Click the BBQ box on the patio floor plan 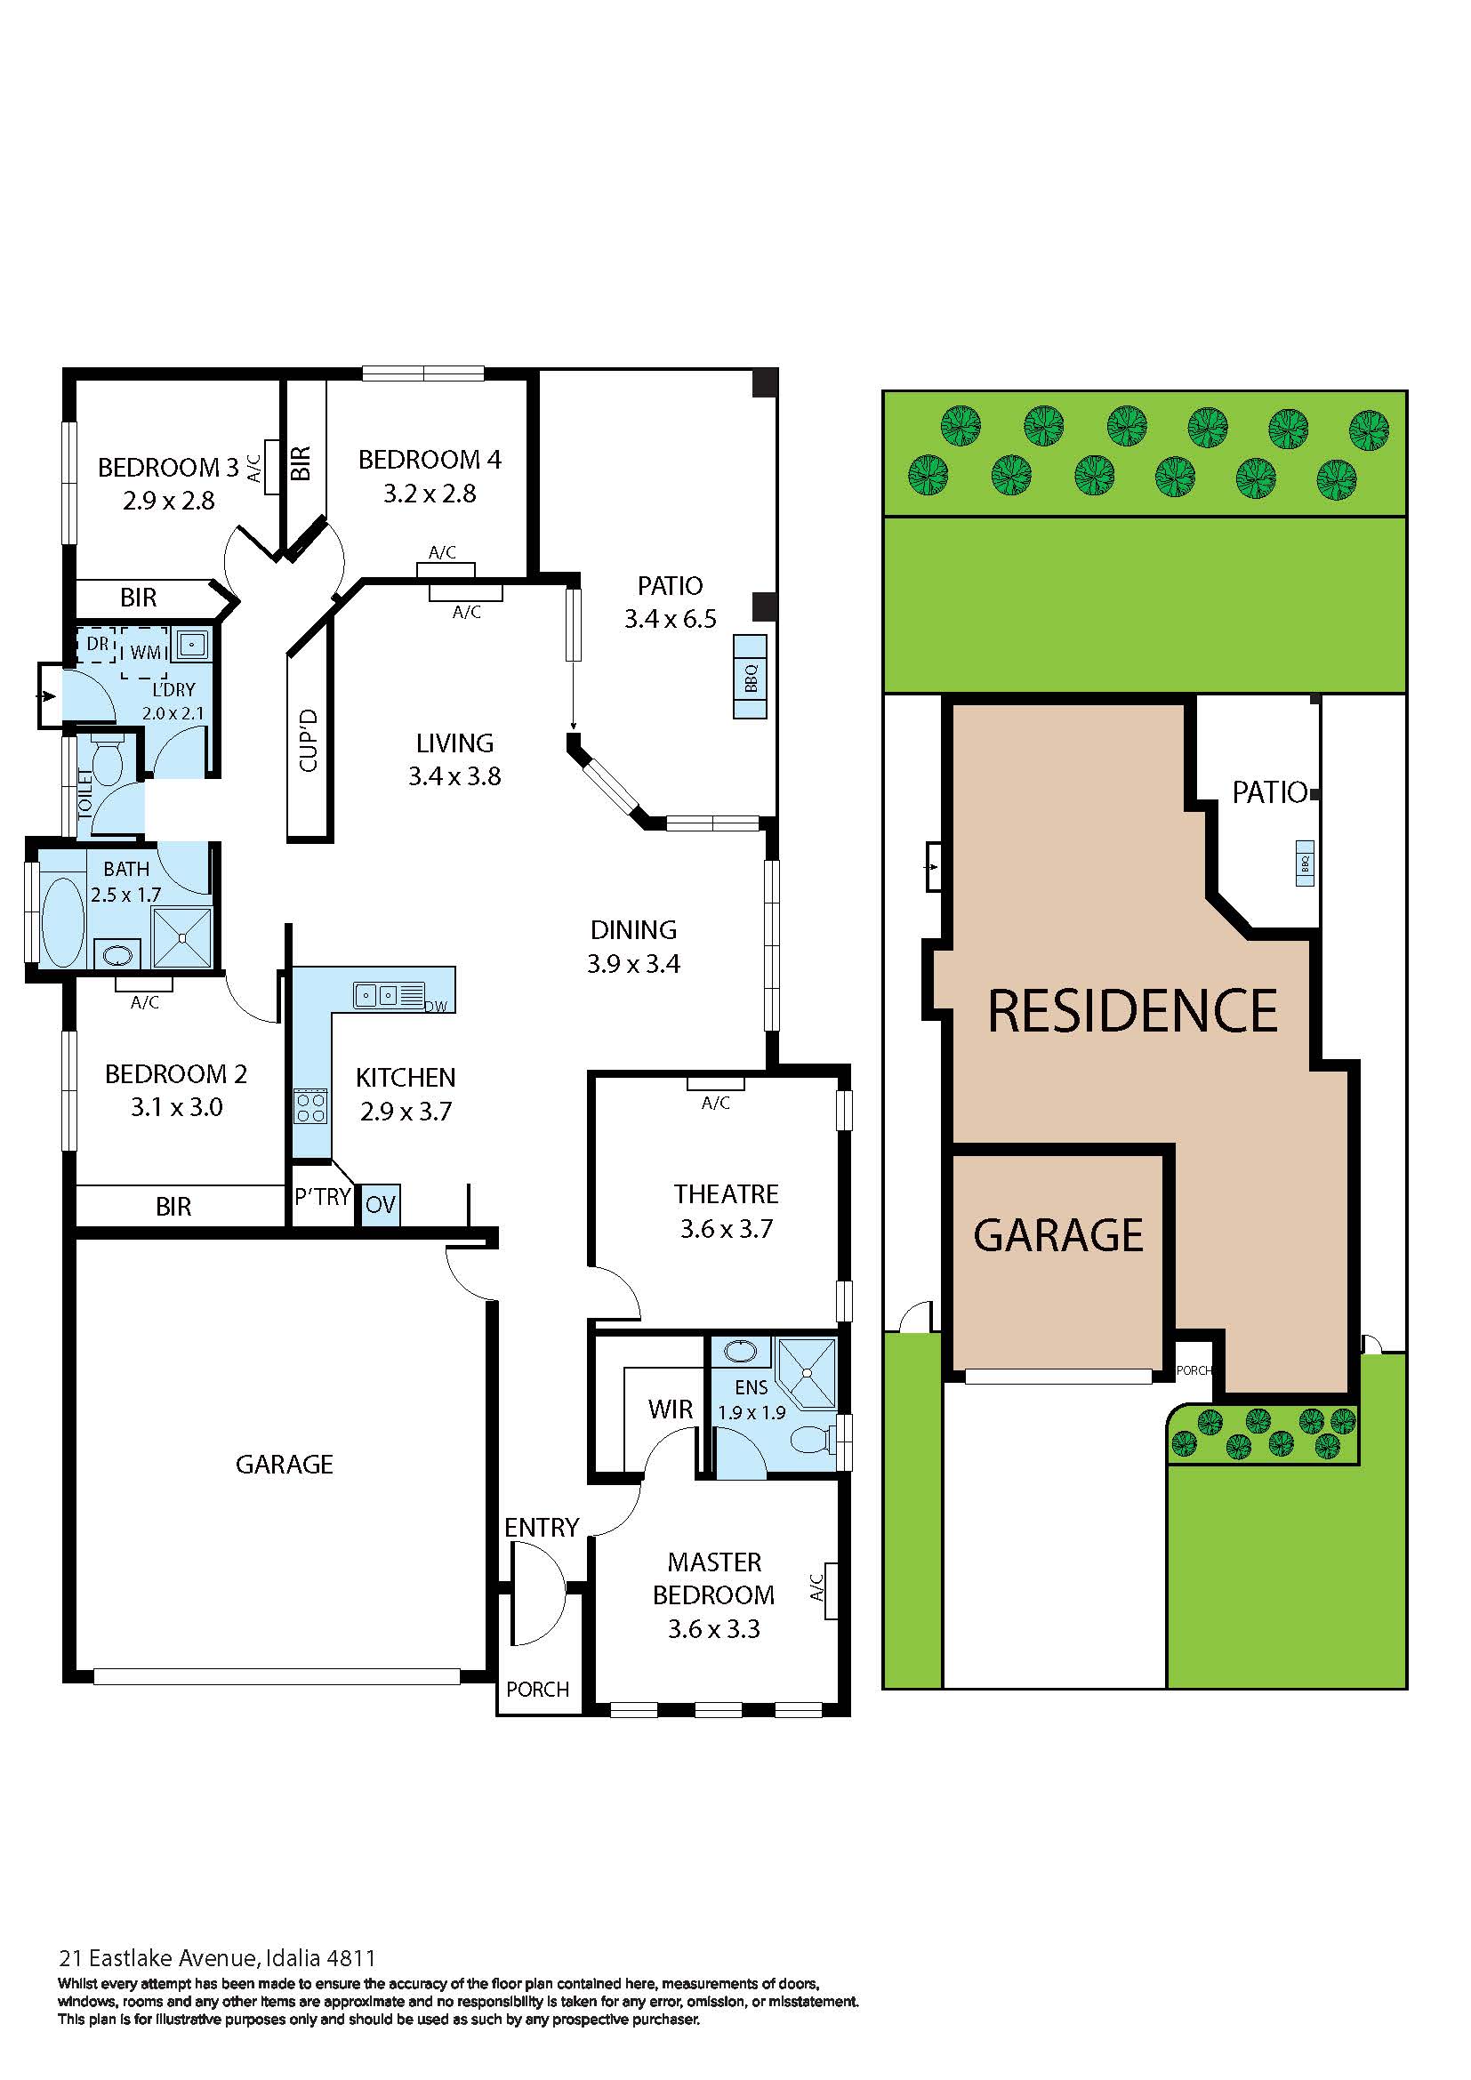click(750, 677)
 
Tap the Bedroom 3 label click(168, 468)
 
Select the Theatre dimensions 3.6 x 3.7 click(727, 1228)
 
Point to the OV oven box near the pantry click(381, 1205)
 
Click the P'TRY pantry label click(323, 1197)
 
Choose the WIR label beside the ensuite click(671, 1409)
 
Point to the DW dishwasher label click(437, 1006)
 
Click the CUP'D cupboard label click(309, 740)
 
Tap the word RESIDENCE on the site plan click(1132, 1011)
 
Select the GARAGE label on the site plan click(1058, 1235)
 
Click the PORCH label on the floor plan click(538, 1690)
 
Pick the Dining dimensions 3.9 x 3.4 click(633, 964)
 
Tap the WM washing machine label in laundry click(146, 652)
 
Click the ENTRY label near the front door click(542, 1529)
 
